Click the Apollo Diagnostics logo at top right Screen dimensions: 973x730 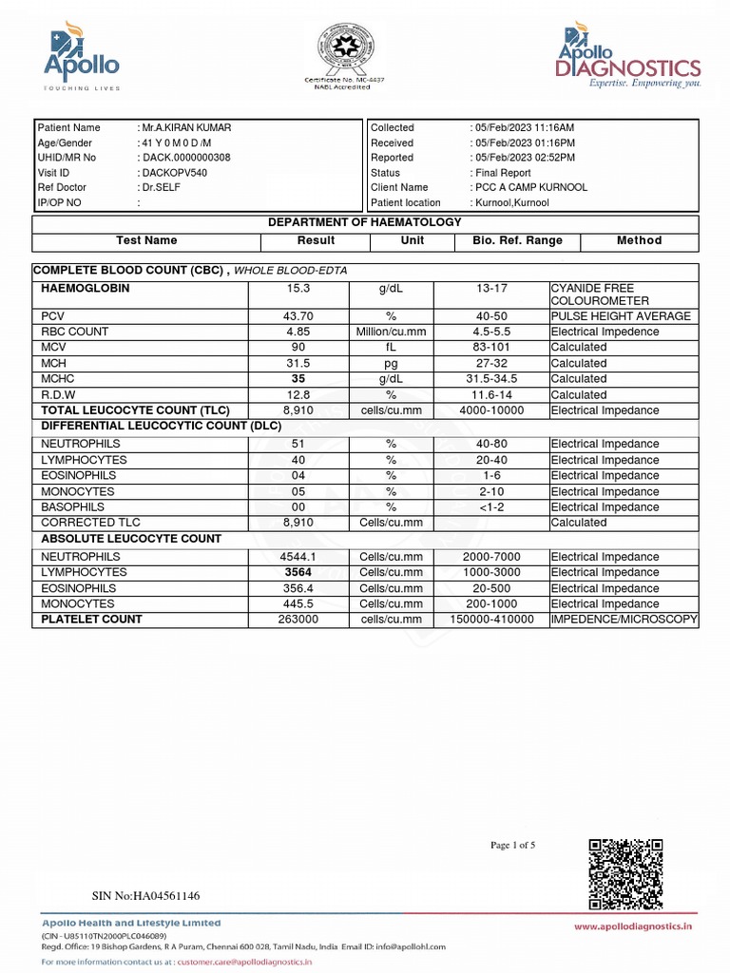[x=629, y=59]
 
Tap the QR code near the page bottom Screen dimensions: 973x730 [x=625, y=874]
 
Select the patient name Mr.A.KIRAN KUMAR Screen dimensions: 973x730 [x=186, y=127]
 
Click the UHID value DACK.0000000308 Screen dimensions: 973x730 [x=186, y=158]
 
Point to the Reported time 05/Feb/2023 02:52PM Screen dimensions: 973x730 [x=524, y=158]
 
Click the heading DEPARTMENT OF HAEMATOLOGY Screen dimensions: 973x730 [x=365, y=222]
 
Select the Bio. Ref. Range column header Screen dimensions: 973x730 [x=517, y=240]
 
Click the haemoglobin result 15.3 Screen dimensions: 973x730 [x=298, y=288]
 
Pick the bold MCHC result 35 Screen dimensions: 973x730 [x=298, y=378]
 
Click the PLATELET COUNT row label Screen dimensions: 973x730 [x=91, y=620]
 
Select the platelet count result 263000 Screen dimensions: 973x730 [x=298, y=620]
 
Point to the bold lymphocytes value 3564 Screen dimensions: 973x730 [x=298, y=573]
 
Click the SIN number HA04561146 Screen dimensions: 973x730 [x=145, y=895]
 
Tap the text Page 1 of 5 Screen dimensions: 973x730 [x=512, y=845]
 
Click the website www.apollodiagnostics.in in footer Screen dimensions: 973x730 [x=631, y=925]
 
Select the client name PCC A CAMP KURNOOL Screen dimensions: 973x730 [x=530, y=187]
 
